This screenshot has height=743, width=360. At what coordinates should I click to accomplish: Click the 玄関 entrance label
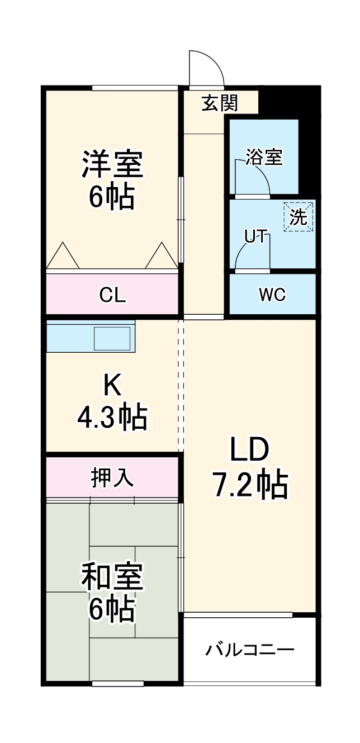220,103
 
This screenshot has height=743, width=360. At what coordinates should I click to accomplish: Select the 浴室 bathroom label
264,158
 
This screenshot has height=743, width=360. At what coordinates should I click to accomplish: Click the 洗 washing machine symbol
299,217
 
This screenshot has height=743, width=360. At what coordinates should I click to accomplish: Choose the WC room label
272,295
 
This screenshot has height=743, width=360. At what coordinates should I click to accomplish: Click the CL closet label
112,295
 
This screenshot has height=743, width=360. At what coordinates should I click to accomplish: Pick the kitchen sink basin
112,339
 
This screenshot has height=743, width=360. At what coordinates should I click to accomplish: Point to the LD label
249,451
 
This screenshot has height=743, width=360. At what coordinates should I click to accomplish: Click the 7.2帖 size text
249,485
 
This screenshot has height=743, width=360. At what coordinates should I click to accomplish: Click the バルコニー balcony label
249,650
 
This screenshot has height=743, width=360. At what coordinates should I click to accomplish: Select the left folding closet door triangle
62,257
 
